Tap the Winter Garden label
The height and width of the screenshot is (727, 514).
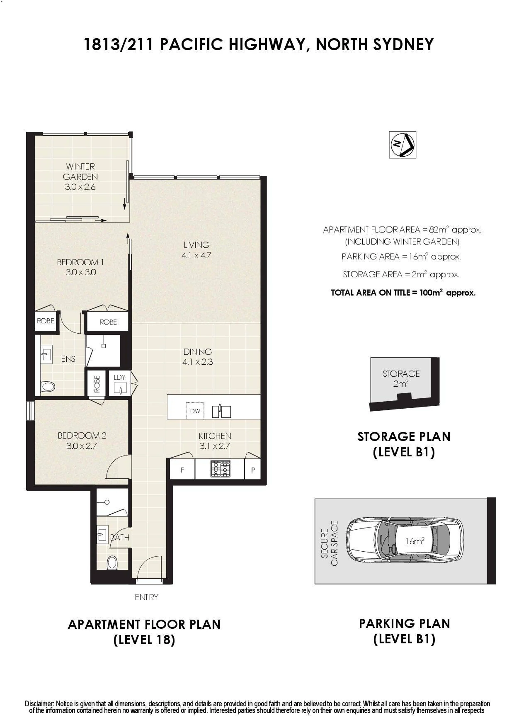80,172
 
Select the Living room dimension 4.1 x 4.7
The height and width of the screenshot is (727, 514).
196,255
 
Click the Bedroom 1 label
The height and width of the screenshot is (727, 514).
80,262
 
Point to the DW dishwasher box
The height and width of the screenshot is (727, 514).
195,411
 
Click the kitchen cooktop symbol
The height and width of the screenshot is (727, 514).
220,469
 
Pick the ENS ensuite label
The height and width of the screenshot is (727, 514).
68,359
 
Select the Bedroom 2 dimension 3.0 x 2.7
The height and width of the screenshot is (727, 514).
81,446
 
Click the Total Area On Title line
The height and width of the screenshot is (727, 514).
403,293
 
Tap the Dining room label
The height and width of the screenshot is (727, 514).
198,352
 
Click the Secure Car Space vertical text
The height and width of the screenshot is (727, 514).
329,543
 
